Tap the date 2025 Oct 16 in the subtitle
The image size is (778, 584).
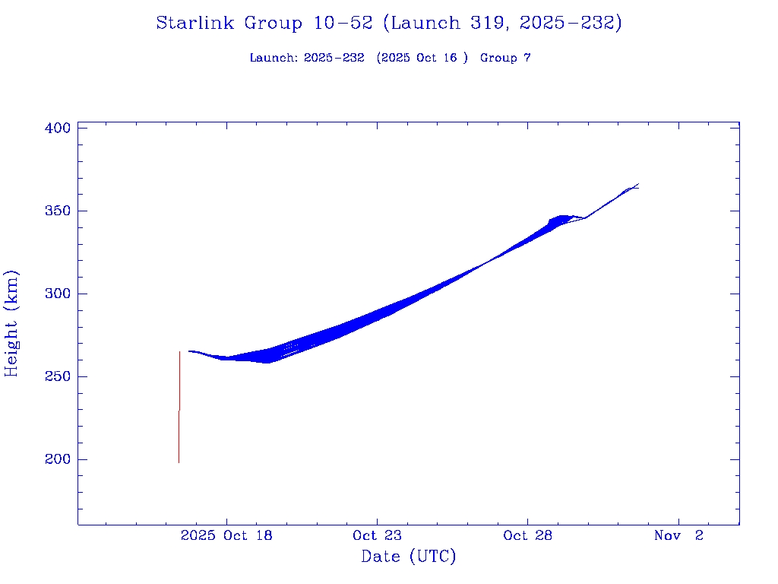424,58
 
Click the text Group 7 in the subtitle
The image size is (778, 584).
505,58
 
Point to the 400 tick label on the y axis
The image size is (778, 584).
58,128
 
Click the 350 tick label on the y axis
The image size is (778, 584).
58,211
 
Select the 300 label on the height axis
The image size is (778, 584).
58,294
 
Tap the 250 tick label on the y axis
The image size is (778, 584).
58,376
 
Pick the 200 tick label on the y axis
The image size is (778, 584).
58,459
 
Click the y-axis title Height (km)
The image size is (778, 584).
11,323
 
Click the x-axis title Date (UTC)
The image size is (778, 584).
409,557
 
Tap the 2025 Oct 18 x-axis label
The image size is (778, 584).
226,535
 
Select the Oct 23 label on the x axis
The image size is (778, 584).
377,535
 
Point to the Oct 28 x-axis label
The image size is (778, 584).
527,535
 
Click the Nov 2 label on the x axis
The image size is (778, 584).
678,535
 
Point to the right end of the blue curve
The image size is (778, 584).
637,186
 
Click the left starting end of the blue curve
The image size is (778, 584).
189,351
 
